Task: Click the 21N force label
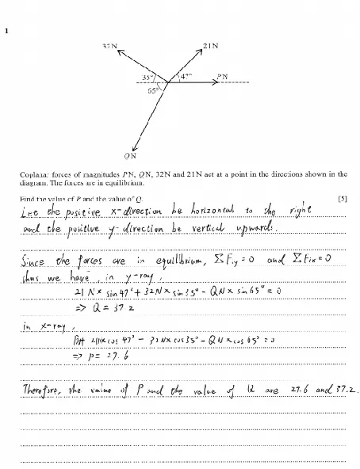pyautogui.click(x=210, y=47)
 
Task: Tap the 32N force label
pyautogui.click(x=111, y=47)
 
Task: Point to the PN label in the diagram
pyautogui.click(x=223, y=77)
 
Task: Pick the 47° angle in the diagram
pyautogui.click(x=185, y=77)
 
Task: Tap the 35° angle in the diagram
pyautogui.click(x=148, y=77)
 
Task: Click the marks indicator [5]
pyautogui.click(x=342, y=198)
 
